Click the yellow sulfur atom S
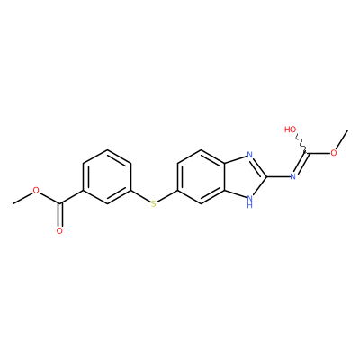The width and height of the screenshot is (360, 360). tap(154, 204)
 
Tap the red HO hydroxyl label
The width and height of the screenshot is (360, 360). tap(291, 130)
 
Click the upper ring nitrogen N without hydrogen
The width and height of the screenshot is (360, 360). tap(249, 155)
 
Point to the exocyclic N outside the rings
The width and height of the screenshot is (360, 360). tap(293, 176)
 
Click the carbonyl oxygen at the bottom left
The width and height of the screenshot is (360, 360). tap(59, 231)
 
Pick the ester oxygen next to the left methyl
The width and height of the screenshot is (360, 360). tap(36, 191)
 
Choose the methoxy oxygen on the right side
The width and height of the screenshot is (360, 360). tap(334, 153)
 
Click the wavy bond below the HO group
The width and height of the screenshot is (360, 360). tap(301, 143)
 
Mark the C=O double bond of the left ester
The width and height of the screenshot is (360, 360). tap(59, 215)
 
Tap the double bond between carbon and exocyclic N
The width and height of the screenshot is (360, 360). tap(301, 163)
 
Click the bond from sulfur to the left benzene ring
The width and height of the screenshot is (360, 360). tap(140, 197)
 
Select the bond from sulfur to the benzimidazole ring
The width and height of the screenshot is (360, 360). tap(167, 197)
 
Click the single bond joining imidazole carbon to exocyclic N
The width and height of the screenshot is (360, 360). tap(278, 176)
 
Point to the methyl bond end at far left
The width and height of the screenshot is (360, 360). tap(13, 204)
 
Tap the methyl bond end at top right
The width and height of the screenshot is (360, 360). tap(347, 130)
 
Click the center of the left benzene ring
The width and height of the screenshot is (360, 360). tap(107, 176)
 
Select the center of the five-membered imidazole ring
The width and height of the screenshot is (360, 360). tap(246, 176)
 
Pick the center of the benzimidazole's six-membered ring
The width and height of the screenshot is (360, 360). tap(202, 176)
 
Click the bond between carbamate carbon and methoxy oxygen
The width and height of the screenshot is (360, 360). tap(319, 153)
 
